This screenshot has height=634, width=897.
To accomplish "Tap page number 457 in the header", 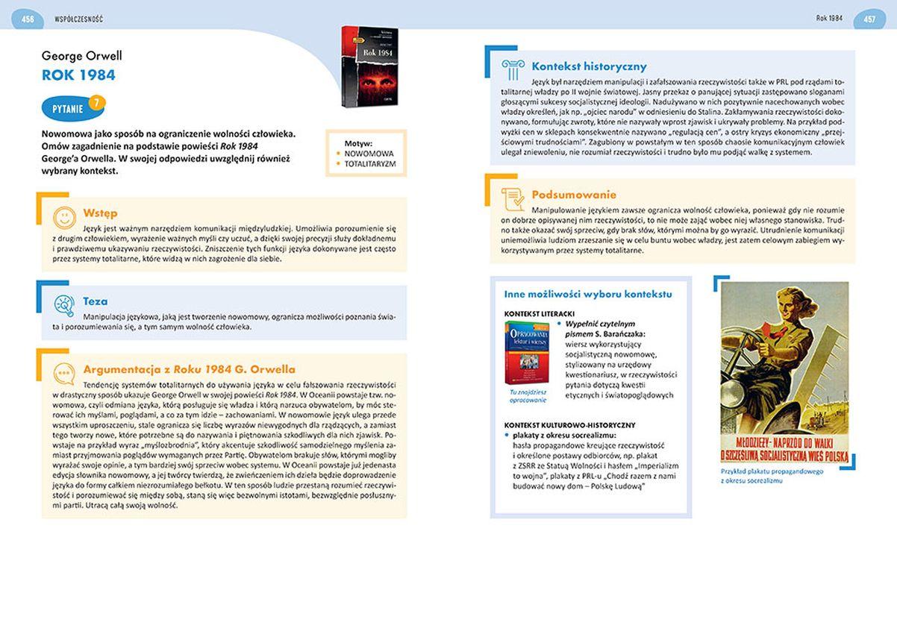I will click(x=869, y=18).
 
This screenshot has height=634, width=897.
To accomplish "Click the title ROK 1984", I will click(x=78, y=75).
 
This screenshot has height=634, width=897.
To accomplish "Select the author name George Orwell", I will click(x=81, y=56).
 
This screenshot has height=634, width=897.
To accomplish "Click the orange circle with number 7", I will click(x=94, y=102).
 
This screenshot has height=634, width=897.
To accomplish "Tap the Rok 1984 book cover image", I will click(x=369, y=66).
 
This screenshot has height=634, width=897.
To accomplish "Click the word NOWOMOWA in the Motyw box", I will click(x=369, y=153).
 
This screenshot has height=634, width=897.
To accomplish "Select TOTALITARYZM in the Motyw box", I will click(x=370, y=163).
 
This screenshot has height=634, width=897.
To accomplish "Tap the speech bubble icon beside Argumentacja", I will click(x=64, y=372).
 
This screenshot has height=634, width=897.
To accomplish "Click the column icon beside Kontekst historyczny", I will click(x=513, y=69).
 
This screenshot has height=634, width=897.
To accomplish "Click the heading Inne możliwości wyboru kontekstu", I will click(x=588, y=294).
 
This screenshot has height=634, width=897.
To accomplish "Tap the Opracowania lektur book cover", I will click(x=526, y=353).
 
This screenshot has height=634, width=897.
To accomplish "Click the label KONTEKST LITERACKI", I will click(x=539, y=313).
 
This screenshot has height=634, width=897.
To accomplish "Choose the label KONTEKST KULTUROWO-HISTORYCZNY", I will click(x=569, y=424).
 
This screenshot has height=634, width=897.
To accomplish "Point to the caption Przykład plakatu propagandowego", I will click(x=772, y=471).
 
